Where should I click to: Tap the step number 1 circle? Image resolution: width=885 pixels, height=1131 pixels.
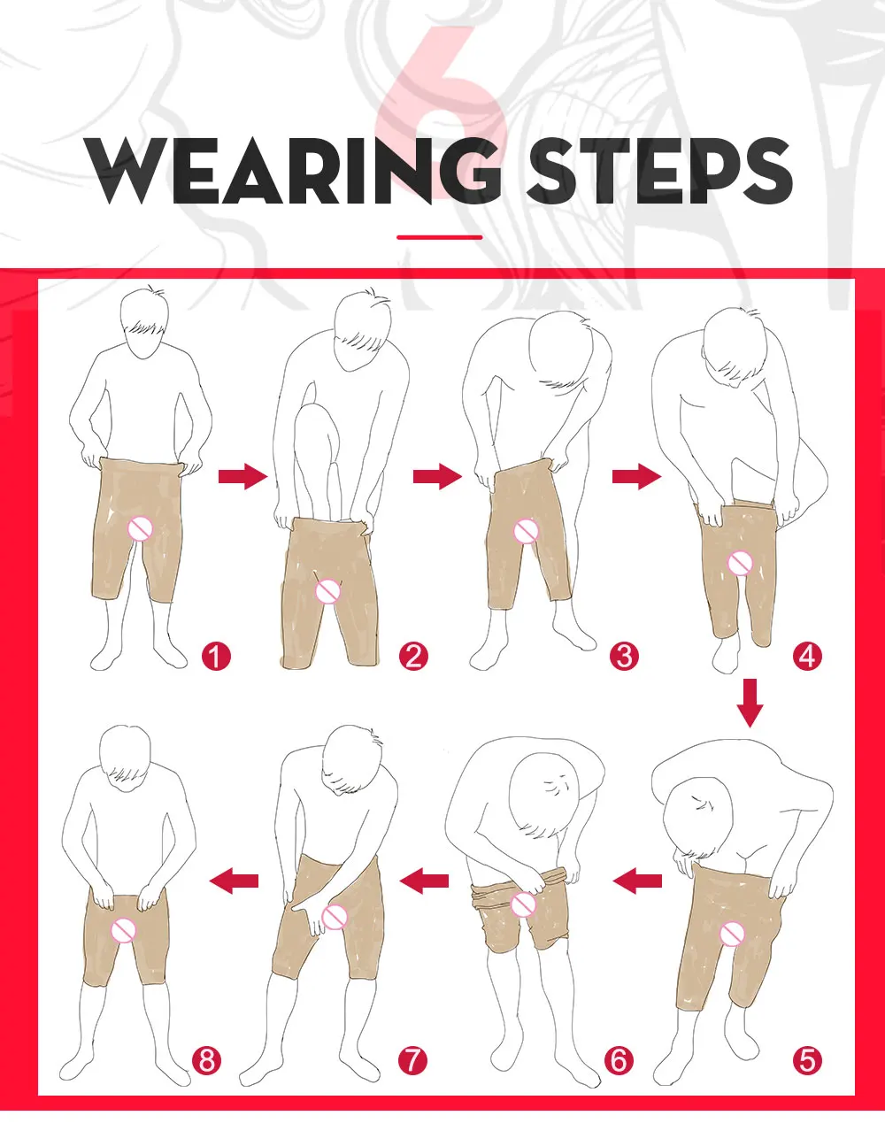(x=216, y=657)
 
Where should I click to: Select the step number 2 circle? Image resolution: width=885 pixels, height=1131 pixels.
(x=412, y=657)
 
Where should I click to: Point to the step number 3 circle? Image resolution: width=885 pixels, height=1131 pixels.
(x=623, y=657)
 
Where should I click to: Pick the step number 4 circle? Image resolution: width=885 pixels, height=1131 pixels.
(x=807, y=657)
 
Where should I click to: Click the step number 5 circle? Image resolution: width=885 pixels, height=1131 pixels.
(x=807, y=1058)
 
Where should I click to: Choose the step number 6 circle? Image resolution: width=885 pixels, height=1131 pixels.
(x=618, y=1058)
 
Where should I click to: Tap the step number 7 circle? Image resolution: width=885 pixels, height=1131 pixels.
(x=412, y=1058)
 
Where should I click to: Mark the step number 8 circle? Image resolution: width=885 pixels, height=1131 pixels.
(x=206, y=1058)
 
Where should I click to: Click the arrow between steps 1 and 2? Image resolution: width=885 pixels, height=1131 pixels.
(x=242, y=478)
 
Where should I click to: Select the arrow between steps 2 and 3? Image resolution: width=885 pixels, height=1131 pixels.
(x=437, y=478)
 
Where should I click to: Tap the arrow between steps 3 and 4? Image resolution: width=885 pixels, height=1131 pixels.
(x=636, y=478)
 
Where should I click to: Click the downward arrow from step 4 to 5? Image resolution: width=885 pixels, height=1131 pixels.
(x=750, y=703)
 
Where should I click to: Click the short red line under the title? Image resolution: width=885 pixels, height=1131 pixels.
(x=440, y=237)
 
